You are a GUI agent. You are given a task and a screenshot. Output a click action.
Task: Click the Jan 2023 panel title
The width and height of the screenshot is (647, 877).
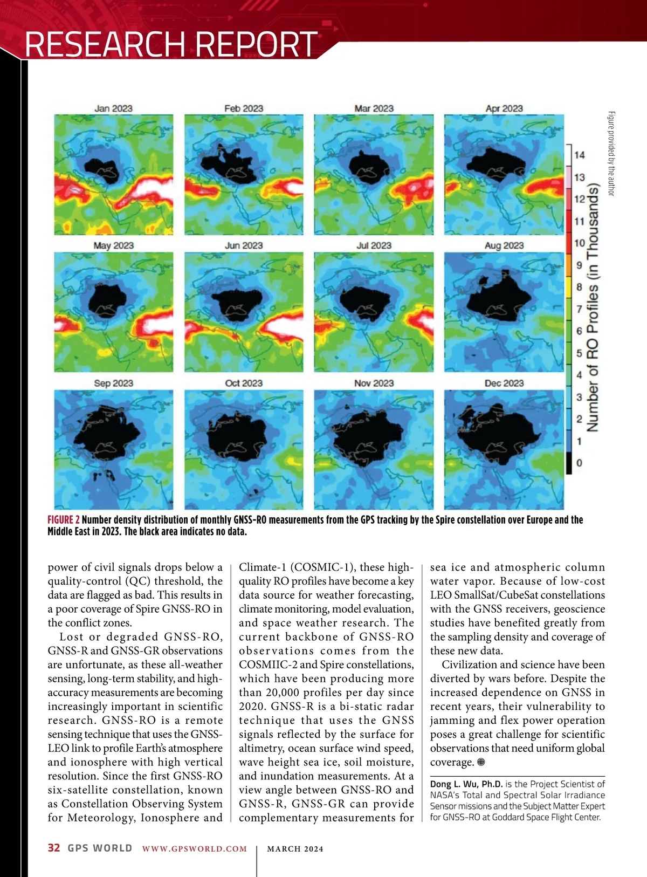tap(113, 108)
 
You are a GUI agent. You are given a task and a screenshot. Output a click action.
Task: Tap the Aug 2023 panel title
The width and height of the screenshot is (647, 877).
tap(504, 246)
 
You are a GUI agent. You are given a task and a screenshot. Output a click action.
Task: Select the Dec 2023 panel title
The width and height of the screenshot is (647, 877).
tap(504, 383)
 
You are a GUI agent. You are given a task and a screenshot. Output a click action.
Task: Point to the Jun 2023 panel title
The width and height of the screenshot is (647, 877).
tap(244, 246)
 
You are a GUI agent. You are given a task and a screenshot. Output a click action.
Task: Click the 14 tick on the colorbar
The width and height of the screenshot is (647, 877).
tap(579, 155)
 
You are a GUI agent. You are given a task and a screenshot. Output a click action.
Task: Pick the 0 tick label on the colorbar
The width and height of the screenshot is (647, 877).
tap(579, 463)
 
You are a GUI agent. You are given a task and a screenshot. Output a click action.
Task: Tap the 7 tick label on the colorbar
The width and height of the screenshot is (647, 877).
tap(579, 309)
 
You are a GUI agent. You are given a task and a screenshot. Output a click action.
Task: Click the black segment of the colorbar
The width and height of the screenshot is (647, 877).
tap(569, 463)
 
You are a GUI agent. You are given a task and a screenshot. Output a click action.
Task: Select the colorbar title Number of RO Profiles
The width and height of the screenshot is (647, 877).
tap(593, 307)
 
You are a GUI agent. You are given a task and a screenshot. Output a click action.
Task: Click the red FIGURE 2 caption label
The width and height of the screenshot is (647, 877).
tap(64, 520)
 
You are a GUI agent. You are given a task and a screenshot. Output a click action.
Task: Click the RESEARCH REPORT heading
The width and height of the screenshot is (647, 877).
tap(171, 44)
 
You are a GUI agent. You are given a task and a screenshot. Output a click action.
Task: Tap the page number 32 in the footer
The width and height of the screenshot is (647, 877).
tap(54, 848)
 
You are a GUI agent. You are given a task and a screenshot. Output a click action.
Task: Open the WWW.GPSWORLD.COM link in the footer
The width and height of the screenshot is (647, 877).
tap(195, 849)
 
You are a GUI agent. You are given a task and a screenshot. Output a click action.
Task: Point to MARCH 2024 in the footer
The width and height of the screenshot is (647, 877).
tap(295, 849)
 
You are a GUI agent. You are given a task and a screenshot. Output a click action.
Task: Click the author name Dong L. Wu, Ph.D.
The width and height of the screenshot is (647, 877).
tap(466, 784)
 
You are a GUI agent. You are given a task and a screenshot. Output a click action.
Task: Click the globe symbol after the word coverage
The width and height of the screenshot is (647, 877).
tap(481, 762)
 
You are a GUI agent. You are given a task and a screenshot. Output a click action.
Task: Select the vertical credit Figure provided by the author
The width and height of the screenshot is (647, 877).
tap(611, 154)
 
